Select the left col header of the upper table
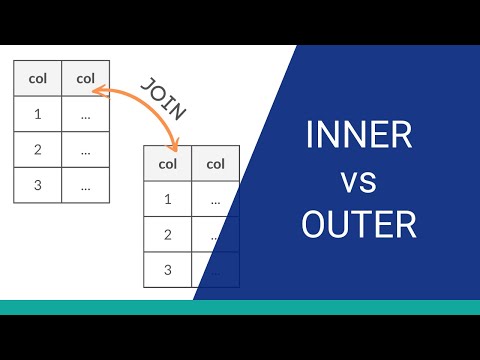(x=37, y=77)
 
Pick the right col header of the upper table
(x=86, y=77)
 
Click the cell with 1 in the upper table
(x=37, y=114)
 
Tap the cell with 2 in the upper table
(x=37, y=150)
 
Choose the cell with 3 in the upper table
(x=37, y=185)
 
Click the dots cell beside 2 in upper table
(x=86, y=150)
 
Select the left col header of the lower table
(x=167, y=164)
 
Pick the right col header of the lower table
(x=215, y=164)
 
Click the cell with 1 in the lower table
(x=167, y=199)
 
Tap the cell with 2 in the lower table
(x=167, y=235)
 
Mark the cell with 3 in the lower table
(x=167, y=269)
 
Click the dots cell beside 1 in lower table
(x=215, y=199)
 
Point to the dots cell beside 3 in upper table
(x=86, y=185)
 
